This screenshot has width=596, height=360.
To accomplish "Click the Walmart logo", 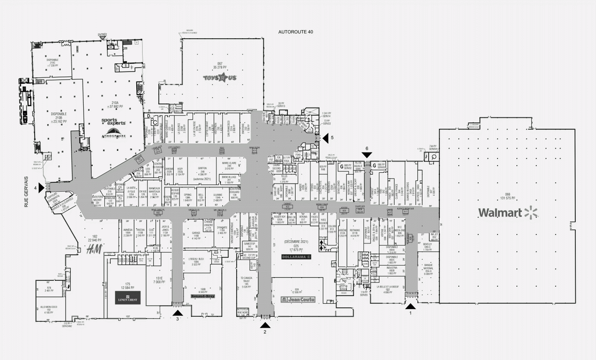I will coord(508,212).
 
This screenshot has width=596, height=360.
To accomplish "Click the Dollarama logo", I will coord(297,256).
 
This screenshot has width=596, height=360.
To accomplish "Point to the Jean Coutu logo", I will coord(298,299).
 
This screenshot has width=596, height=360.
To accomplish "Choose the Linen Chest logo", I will coord(127,297).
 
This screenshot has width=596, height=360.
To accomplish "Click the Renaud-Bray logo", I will coord(203,297).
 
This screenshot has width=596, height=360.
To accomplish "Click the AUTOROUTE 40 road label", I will coord(296,32).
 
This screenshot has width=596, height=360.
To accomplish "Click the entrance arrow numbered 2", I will coord(264,324).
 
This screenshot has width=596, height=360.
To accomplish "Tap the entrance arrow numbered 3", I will coord(178,313).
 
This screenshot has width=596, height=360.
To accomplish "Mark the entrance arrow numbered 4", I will coord(41,187).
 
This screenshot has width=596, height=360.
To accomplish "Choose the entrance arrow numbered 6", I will coord(367,154).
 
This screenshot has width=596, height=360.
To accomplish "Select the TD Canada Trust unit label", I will coord(245,281).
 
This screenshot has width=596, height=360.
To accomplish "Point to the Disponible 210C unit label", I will coord(53,63).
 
